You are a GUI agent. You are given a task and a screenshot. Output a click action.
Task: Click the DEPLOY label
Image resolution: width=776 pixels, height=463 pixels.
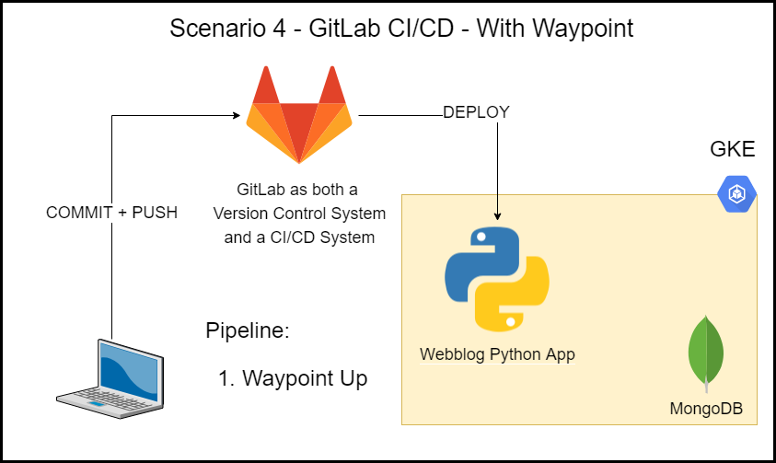pos(476,112)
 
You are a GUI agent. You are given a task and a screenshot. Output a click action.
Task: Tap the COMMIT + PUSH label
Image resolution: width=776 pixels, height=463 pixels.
pos(111,212)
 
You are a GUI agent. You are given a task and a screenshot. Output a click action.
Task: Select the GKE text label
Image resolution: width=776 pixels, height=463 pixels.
pos(733,150)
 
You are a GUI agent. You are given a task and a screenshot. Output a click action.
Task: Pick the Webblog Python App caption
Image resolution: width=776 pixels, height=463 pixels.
pos(497,354)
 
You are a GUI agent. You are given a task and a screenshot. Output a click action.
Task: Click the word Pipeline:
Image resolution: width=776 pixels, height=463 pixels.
pos(248,330)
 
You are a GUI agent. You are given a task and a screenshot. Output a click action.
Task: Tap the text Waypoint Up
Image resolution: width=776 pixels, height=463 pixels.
pos(305,378)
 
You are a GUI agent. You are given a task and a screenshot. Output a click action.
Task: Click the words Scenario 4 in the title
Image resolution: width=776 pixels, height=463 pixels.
pos(225,29)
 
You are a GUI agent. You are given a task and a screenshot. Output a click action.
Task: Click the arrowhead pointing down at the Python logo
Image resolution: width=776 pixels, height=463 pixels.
pos(498,215)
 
